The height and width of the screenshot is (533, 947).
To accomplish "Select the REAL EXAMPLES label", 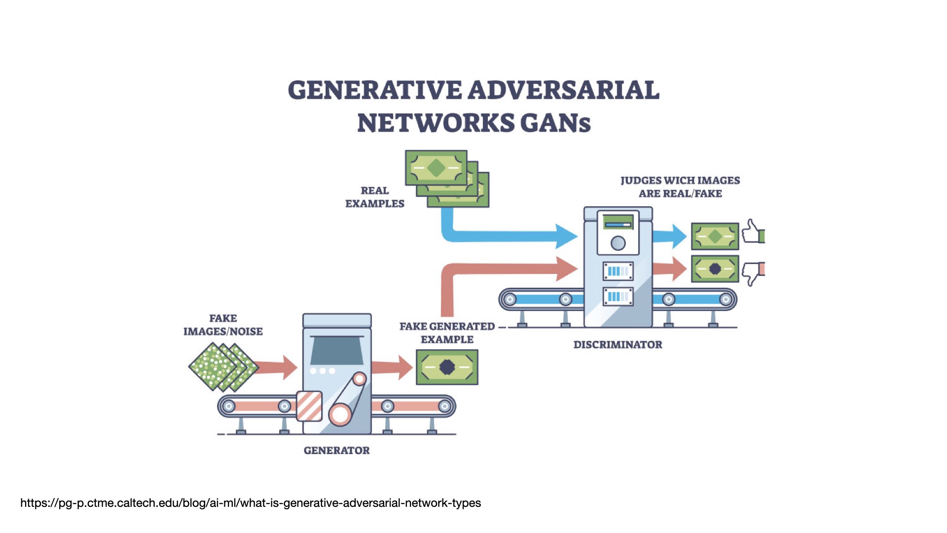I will coord(374,197).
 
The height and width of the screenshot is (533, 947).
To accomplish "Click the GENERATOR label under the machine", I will coord(336,450).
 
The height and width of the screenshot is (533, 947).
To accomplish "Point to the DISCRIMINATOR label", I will coord(618,344).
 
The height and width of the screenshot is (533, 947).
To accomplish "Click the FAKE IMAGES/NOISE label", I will coord(223,325).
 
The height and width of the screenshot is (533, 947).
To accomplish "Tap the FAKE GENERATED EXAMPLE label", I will coord(447,333).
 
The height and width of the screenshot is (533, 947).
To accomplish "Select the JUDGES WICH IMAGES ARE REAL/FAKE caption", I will coord(680,187).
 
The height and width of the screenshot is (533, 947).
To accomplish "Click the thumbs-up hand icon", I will coord(752,231).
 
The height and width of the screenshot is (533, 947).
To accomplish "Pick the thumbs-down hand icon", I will coord(752,273).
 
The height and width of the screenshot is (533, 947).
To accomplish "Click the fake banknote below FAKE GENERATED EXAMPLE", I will coord(447,367).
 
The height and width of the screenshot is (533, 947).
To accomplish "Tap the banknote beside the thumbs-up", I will coord(715,236).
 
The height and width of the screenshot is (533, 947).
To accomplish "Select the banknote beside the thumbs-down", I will coord(715,269).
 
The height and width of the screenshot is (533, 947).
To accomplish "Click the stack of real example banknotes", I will coord(446,178).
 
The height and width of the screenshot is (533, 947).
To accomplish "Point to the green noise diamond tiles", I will coord(223,367).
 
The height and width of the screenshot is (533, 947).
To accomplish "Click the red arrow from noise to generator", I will coord(278,367).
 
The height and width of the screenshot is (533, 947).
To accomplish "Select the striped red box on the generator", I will coord(309,406).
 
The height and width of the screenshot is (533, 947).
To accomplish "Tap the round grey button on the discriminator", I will coord(618,243).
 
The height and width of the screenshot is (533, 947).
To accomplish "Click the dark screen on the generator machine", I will coord(337,350).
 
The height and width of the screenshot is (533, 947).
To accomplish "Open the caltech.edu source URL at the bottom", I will coord(251,503).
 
